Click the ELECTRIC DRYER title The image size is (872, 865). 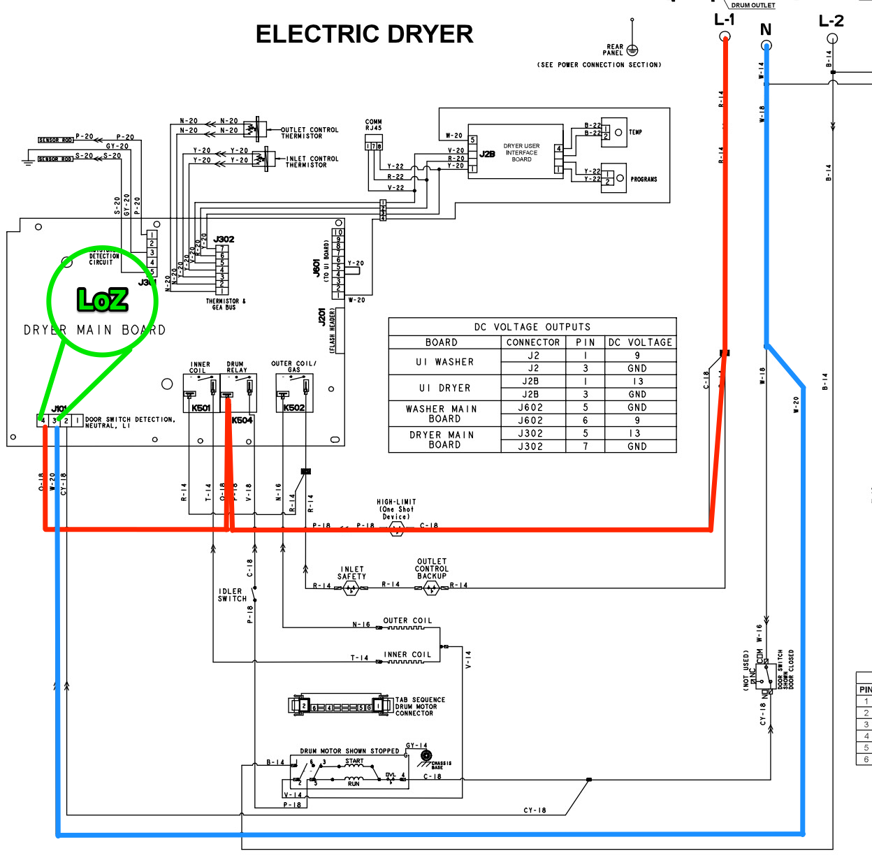(364, 34)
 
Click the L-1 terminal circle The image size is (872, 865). (725, 36)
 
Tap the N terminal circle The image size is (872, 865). (766, 45)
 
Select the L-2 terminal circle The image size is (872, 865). (832, 38)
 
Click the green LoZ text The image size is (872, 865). (103, 300)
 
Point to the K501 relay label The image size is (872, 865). (201, 408)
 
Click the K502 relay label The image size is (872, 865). (294, 408)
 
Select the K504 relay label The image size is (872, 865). (242, 421)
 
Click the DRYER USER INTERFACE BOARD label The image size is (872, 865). (522, 153)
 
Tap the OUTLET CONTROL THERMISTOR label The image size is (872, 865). (310, 133)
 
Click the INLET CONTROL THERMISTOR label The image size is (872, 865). (312, 162)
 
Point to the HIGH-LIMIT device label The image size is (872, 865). (396, 509)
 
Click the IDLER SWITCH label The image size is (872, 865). (232, 595)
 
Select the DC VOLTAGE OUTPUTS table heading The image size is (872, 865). (532, 327)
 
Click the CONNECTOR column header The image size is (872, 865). (533, 342)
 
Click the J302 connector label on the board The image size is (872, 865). (224, 239)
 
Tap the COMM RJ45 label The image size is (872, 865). (374, 125)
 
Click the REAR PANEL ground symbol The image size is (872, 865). (632, 50)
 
